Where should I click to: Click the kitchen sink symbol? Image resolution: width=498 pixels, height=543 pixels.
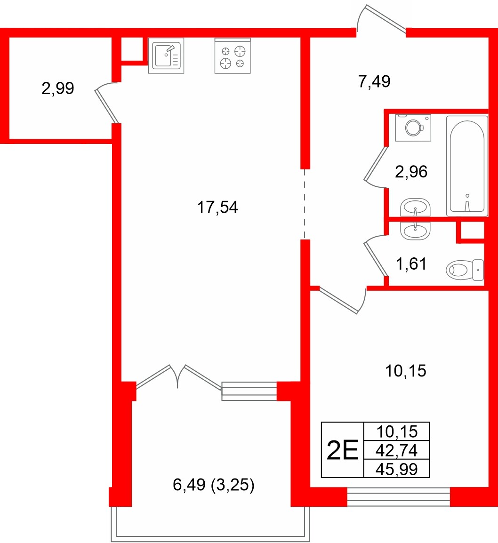coord(166,56)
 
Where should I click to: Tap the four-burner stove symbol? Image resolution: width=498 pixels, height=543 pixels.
coord(233,56)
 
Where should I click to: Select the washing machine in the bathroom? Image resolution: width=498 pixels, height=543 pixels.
coord(413,127)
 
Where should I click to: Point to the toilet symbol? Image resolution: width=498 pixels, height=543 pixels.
coord(465,270)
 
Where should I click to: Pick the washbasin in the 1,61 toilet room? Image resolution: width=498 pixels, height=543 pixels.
coord(415,231)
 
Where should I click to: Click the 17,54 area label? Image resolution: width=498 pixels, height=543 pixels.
coord(217,207)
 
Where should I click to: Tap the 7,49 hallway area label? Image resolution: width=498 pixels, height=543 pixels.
coord(374,82)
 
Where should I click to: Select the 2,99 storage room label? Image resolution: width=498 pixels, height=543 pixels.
coord(57,88)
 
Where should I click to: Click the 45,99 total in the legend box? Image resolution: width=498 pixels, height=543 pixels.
coord(397,469)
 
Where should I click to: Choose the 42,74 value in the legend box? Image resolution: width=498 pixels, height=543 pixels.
coord(397,451)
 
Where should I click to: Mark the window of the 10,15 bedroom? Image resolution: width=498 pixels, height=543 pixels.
coord(398,497)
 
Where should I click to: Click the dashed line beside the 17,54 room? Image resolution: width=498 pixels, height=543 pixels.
coord(305,204)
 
